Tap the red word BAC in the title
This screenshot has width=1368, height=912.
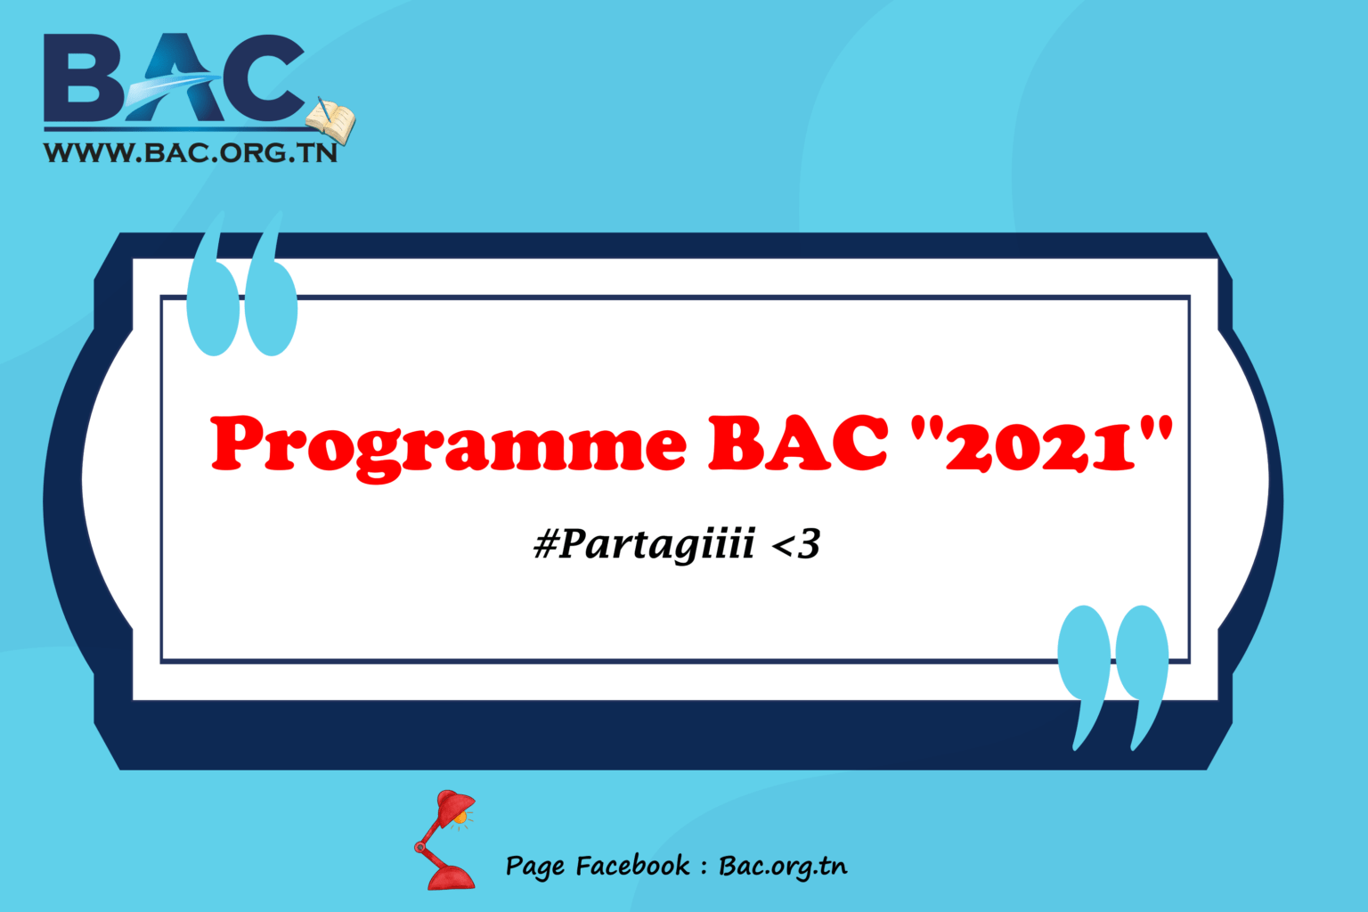coord(798,443)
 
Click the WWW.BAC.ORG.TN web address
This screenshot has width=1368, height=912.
coord(191,153)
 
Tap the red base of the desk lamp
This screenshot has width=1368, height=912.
coord(451,876)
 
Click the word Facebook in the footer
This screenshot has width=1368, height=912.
coord(632,866)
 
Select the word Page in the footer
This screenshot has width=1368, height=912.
coord(534,867)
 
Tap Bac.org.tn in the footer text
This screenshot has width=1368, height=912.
coord(783,867)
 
